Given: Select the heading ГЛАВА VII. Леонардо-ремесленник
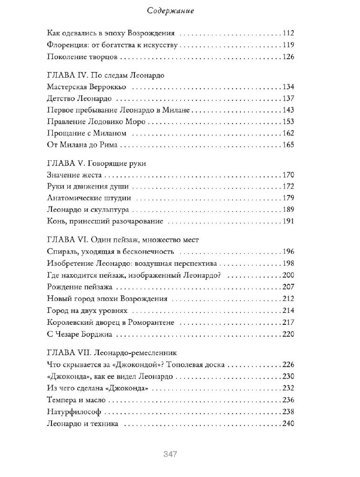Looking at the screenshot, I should point(113,353).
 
